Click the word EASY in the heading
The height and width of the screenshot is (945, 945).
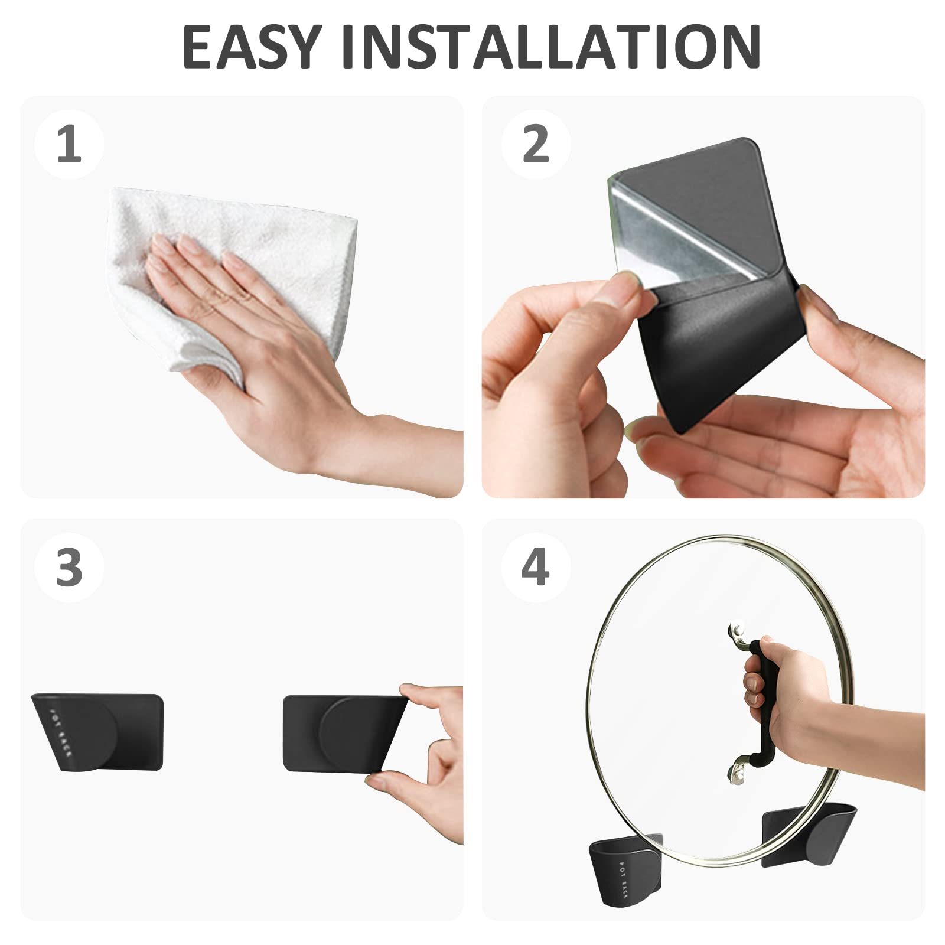tap(252, 47)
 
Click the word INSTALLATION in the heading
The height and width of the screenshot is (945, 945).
tap(551, 47)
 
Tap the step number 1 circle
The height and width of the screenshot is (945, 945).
tap(69, 144)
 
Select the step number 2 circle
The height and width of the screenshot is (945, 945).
tap(536, 144)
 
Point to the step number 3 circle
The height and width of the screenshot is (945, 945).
tap(69, 568)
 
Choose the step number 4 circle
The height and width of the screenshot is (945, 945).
tap(536, 568)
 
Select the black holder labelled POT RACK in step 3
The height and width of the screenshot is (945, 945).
tap(97, 732)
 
